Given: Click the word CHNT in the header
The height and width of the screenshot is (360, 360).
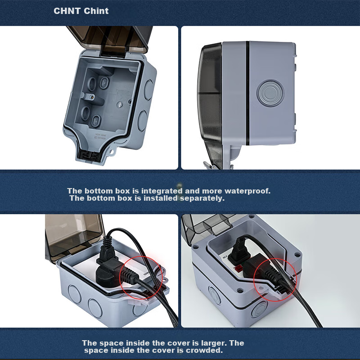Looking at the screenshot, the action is (67, 11).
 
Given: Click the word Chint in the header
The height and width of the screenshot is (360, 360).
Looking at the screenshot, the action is (96, 11).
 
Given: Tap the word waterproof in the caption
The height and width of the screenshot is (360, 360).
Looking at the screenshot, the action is (247, 191).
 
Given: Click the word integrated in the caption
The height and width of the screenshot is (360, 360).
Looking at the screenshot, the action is (162, 191).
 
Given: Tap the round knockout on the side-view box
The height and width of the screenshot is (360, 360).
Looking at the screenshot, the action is (270, 93).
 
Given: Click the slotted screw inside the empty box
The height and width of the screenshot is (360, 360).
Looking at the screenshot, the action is (120, 105).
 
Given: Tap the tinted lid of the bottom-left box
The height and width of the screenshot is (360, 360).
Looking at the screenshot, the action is (73, 238).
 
